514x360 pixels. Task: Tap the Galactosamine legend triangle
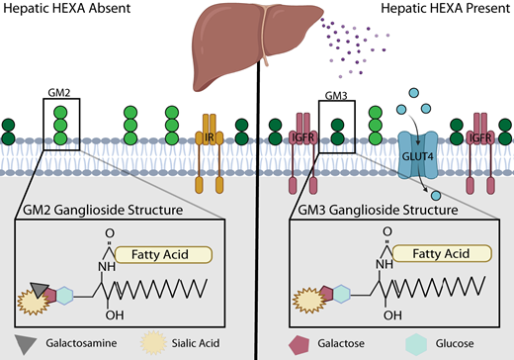(21, 343)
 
